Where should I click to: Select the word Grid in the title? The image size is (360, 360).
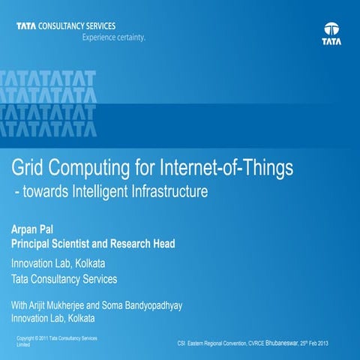coord(27,167)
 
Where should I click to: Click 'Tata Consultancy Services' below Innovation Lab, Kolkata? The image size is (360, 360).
coord(64,279)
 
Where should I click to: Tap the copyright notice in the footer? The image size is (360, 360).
coord(56,342)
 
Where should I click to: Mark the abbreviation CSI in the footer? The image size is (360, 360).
coord(181,343)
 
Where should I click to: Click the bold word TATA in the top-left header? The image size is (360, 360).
coord(26,25)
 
